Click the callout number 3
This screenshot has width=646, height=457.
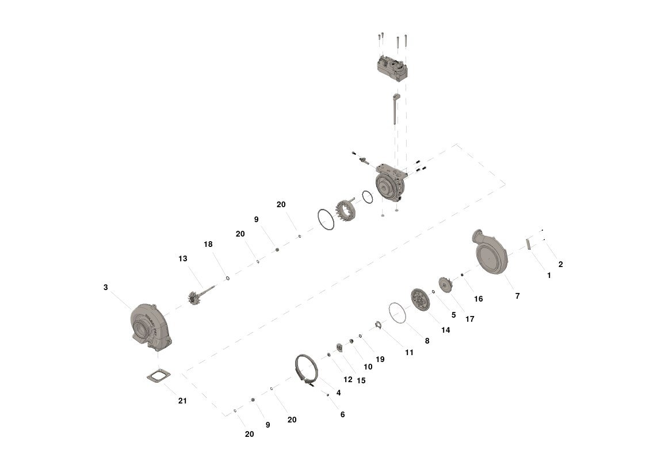(105, 287)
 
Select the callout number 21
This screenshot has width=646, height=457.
(182, 401)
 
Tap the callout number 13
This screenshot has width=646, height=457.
(183, 258)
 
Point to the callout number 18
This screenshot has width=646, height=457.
(208, 244)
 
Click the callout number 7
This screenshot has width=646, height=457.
(518, 296)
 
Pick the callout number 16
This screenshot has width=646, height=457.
(479, 299)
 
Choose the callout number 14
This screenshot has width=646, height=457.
(445, 330)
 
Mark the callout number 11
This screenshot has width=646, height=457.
(409, 352)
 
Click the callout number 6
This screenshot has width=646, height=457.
(342, 414)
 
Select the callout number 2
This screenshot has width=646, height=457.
(560, 265)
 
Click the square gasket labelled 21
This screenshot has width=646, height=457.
(159, 377)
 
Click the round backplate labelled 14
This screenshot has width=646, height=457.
(421, 300)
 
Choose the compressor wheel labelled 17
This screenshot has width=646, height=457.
(445, 285)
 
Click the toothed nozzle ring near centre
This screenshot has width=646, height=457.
(346, 211)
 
